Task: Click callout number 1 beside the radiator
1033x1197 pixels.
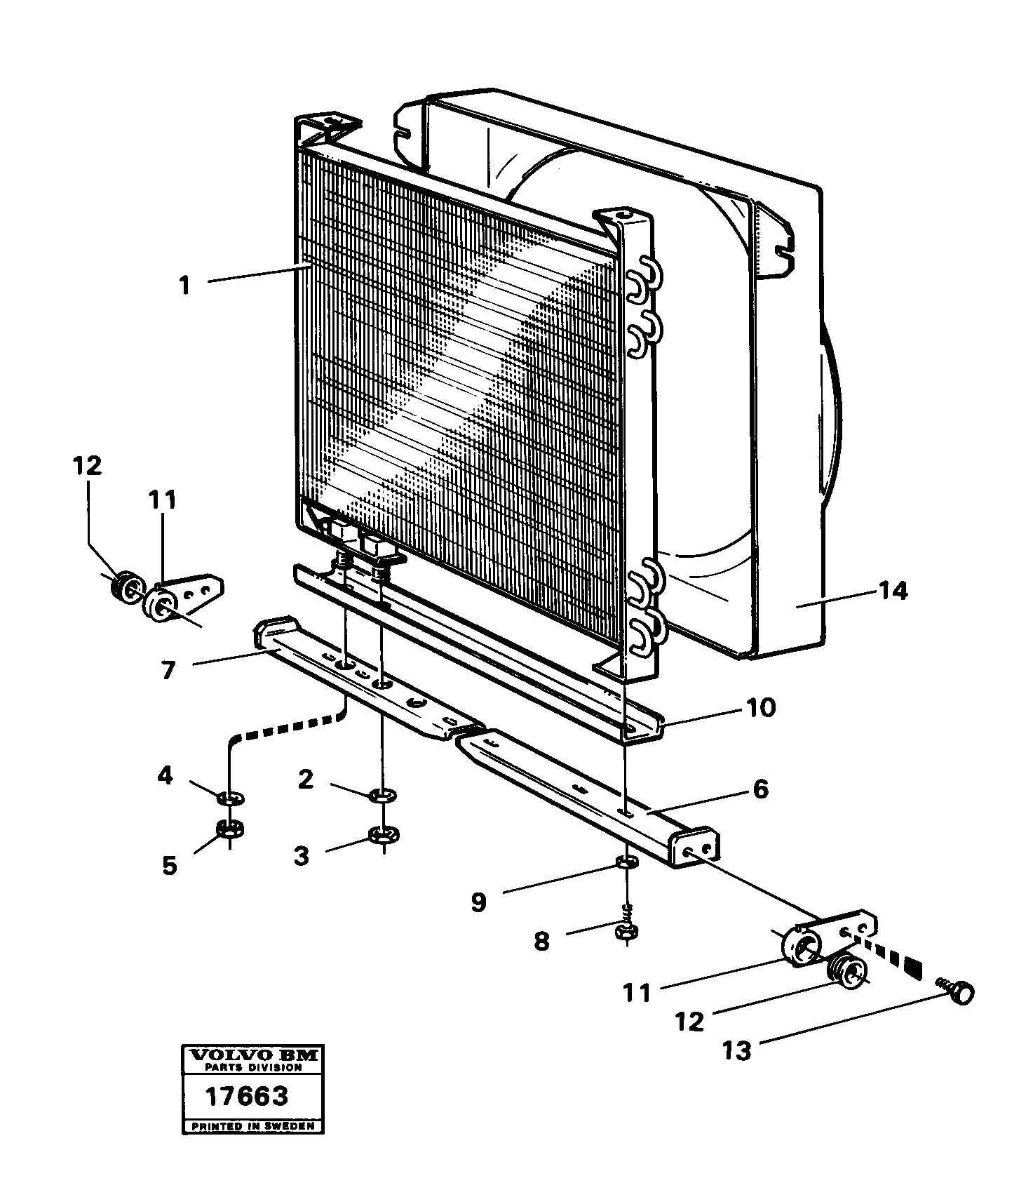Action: point(184,286)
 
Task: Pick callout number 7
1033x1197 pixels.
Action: point(168,670)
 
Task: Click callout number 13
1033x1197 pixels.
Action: point(737,1050)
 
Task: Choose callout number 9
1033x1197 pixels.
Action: point(478,902)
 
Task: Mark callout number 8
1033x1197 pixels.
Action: point(541,940)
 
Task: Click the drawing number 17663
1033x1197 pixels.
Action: point(246,1095)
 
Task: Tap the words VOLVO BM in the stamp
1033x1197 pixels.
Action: point(253,1055)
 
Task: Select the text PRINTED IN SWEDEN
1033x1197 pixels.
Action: point(253,1127)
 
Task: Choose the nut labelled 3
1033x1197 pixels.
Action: point(384,834)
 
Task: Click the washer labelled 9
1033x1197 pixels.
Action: point(628,862)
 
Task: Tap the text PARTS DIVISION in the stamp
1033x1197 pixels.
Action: point(253,1067)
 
